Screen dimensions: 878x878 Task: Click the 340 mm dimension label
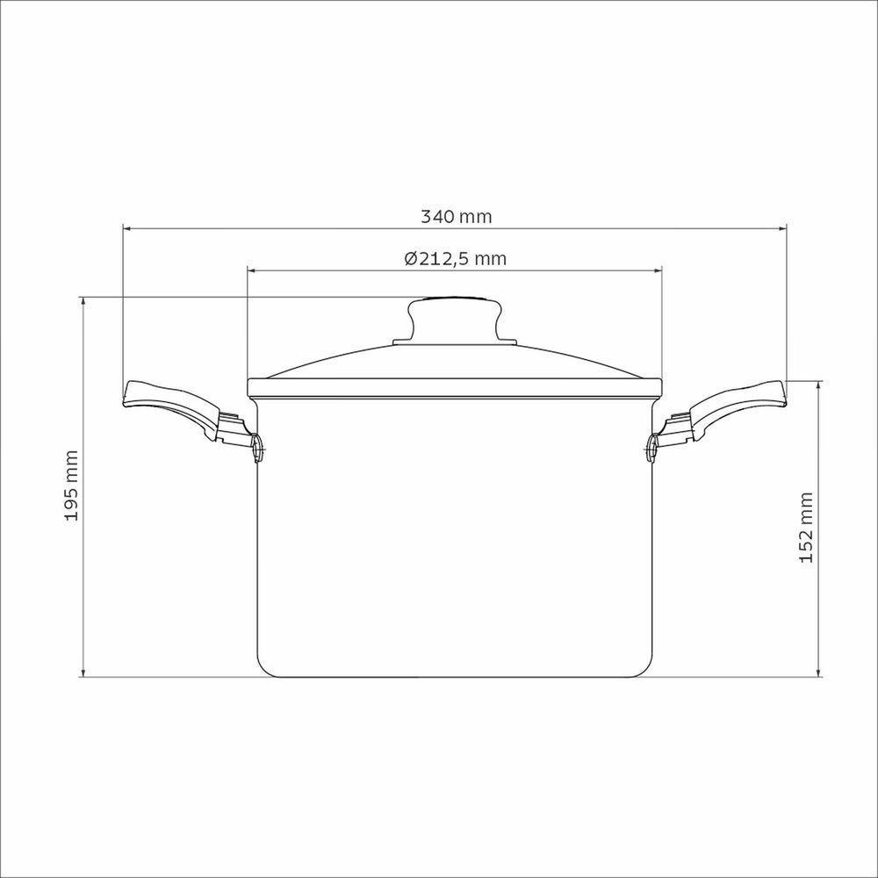coord(457,216)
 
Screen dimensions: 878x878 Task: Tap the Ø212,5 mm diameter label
coord(455,259)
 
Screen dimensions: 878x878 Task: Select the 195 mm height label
coord(71,486)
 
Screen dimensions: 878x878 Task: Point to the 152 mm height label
coord(806,527)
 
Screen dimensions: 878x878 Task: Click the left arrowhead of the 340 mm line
coord(126,228)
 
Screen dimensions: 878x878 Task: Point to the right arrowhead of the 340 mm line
coord(783,228)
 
